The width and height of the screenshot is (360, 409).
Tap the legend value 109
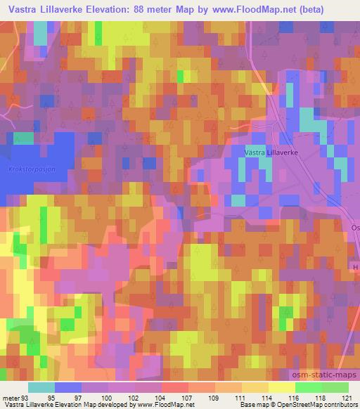[204, 397]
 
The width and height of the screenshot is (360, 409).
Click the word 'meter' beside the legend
[10, 397]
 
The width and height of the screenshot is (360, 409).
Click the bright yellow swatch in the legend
[282, 387]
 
